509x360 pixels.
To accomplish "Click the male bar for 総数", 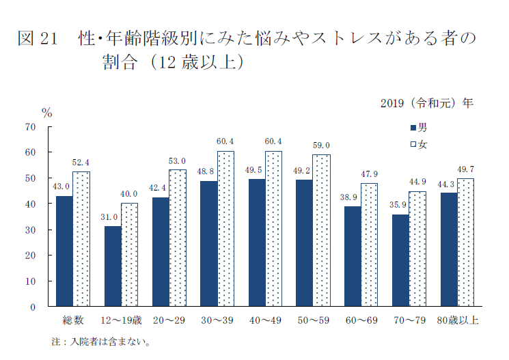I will (64, 251).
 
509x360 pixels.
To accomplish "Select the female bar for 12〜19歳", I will (129, 255).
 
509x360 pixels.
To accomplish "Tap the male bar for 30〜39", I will (208, 243).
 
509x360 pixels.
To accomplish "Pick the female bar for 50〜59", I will (321, 230).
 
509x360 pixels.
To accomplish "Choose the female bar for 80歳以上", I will (465, 243).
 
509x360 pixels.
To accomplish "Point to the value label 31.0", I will (111, 217).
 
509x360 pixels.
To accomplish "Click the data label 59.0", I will (321, 146).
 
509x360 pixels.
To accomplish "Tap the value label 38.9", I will (352, 197).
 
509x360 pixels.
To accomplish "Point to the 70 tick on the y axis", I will (30, 126).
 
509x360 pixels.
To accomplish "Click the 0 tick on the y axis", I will (32, 307).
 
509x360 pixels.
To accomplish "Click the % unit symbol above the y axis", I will (47, 113).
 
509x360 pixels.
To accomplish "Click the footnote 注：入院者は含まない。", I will (100, 341).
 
